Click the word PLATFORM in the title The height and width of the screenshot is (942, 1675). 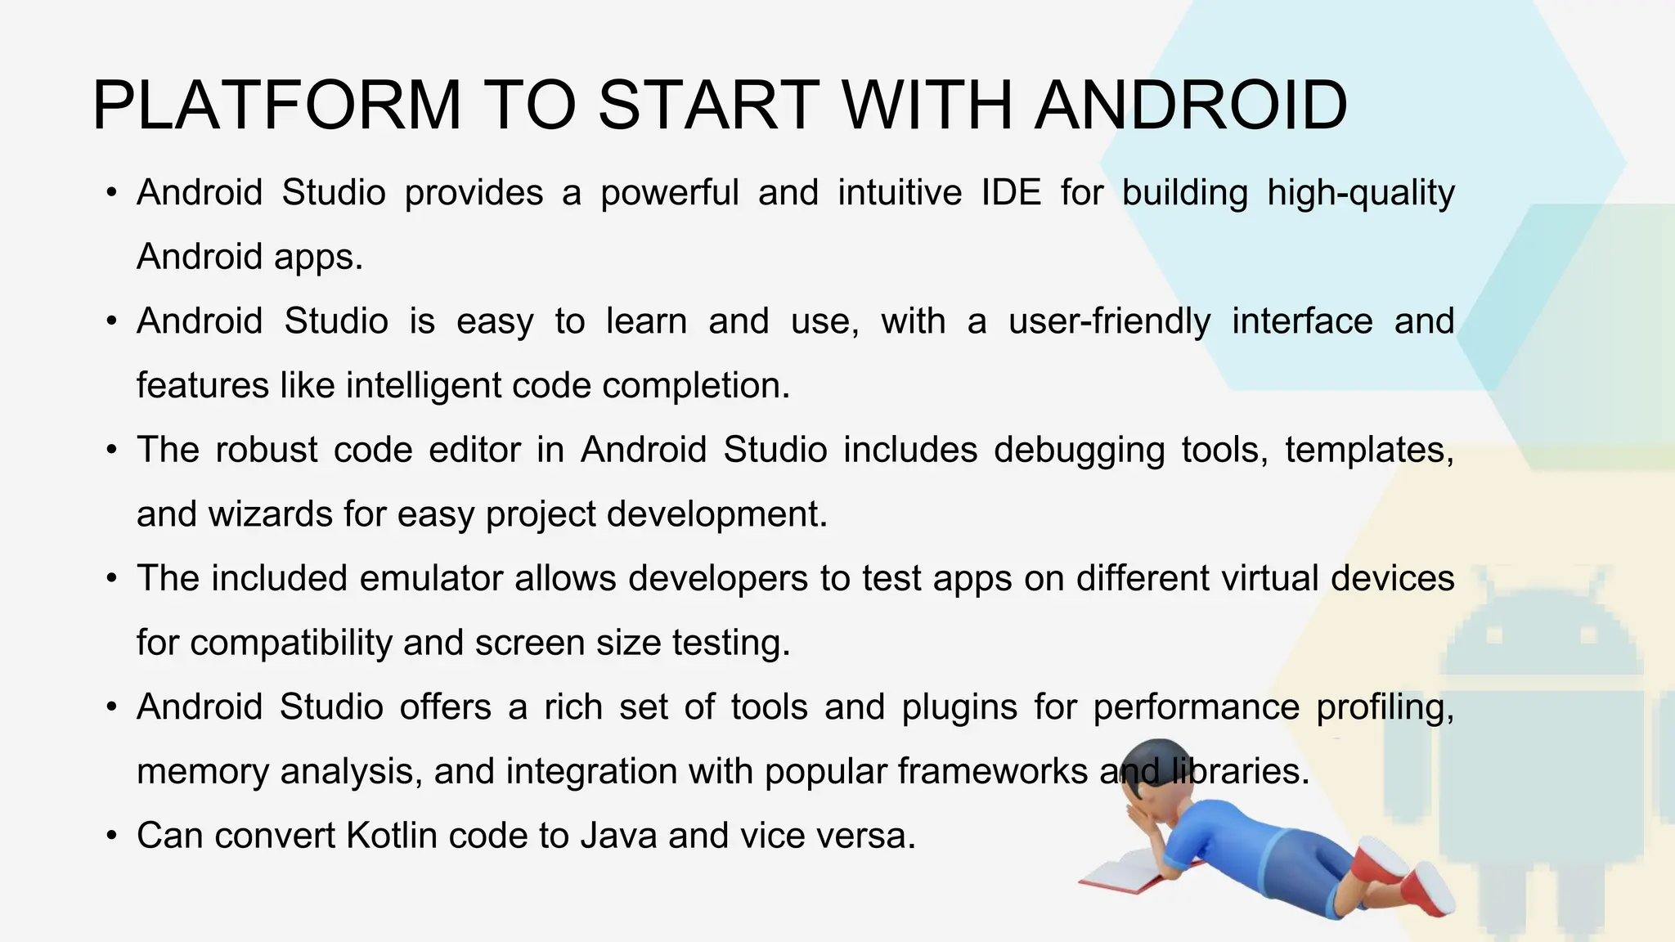click(x=277, y=105)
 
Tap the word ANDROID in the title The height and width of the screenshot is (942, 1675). click(x=1191, y=105)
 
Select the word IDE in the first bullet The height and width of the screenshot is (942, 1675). click(x=1011, y=193)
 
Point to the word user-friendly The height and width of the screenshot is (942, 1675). click(x=1109, y=322)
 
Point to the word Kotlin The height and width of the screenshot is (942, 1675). click(x=392, y=836)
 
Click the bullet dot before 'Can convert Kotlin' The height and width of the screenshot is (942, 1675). click(x=112, y=837)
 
